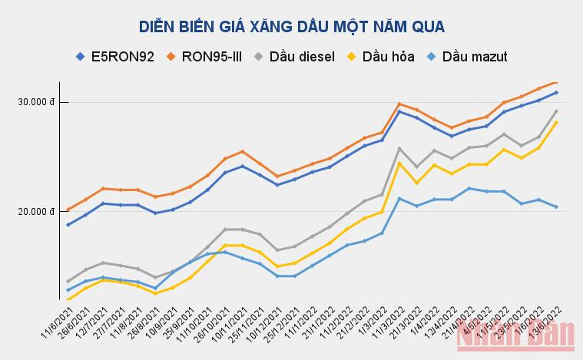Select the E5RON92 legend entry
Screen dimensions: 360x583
115,56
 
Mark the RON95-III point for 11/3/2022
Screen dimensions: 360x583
399,104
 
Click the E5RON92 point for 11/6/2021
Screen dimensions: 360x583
68,225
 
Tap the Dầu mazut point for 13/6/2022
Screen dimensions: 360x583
556,206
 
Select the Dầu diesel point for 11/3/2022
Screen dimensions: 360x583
399,148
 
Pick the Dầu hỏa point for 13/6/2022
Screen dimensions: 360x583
556,122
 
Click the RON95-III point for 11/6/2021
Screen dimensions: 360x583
68,210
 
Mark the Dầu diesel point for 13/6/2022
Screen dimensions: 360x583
556,111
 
